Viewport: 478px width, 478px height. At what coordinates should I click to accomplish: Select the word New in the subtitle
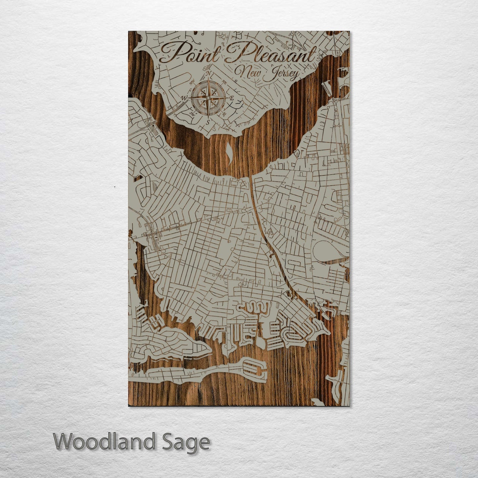coord(248,71)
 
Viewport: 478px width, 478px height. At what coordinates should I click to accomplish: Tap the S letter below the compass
coord(208,122)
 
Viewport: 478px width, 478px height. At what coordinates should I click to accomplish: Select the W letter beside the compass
coord(184,98)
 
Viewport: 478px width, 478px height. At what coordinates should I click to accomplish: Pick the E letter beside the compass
coord(232,98)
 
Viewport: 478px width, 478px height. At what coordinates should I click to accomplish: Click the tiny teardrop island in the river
coord(229,152)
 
